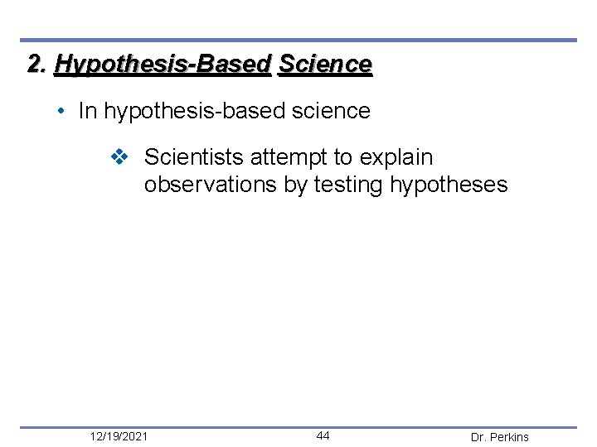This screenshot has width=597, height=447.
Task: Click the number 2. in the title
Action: coord(37,64)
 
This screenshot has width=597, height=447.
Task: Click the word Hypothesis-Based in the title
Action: coord(163,65)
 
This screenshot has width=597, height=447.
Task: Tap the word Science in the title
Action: coord(326,64)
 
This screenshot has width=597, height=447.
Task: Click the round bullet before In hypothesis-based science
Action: coord(65,112)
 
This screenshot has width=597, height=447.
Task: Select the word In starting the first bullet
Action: coord(87,111)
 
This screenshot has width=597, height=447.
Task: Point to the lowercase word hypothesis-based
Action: coord(197,112)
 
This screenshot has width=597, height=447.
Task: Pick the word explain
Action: coord(396,157)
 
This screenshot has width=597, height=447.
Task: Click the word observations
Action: coord(210,184)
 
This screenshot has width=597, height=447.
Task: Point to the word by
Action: coord(295,185)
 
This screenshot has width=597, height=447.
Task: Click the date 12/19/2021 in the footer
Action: coord(120,436)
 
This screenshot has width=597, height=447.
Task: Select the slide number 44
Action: coord(323,436)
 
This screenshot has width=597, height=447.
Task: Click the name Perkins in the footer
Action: coord(510,437)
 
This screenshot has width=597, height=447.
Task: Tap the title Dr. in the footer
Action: coord(479,437)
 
